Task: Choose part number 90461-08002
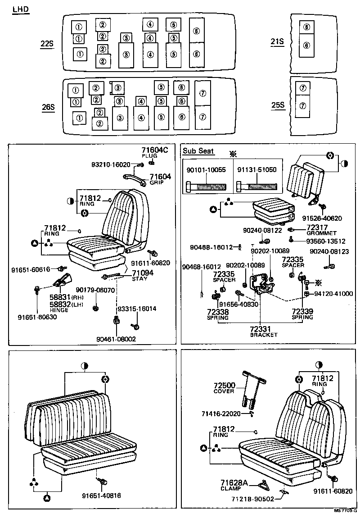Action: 116,339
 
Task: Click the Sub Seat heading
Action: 198,151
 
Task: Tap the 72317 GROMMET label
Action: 321,230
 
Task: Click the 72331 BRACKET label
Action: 264,332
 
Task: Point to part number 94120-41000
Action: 333,294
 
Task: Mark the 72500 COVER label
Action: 224,388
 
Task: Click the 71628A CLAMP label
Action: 234,485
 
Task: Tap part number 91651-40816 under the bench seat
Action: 101,496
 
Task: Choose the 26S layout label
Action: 47,107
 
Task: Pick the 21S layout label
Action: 277,42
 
